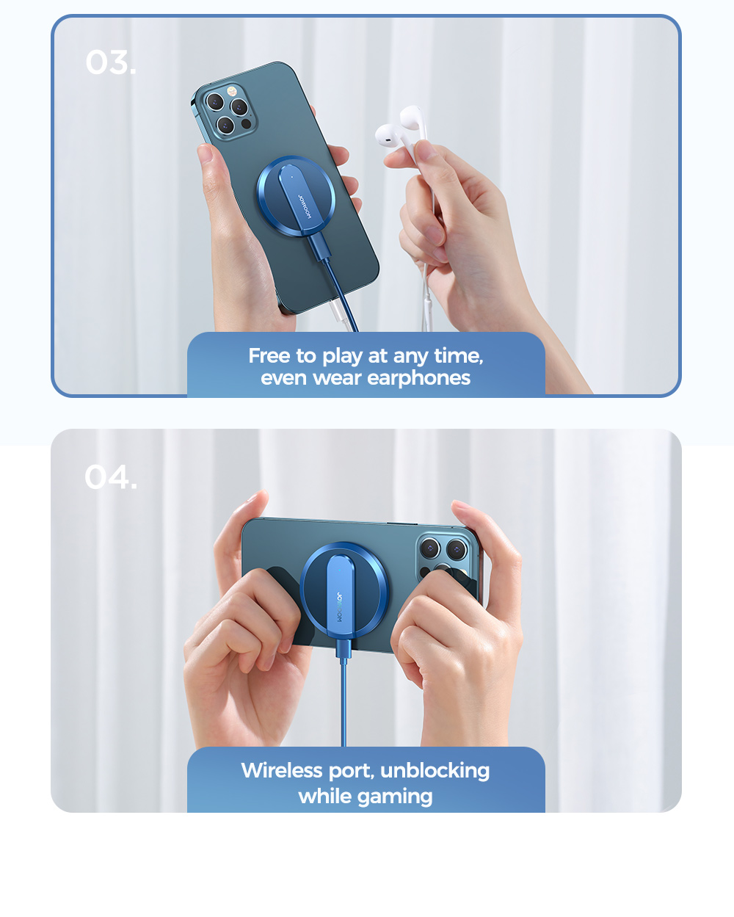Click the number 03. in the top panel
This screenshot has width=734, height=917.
point(111,62)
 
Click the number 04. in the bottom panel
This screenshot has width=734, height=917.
point(111,476)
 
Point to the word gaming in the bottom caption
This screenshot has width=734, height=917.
point(395,797)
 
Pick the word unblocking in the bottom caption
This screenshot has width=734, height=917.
point(435,771)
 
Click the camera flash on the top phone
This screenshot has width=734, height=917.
point(231,91)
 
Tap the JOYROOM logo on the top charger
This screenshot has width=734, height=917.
point(305,206)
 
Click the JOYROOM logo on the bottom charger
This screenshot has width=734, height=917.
point(341,606)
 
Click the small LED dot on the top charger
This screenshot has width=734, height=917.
point(292,177)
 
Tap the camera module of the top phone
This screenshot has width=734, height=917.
point(228,109)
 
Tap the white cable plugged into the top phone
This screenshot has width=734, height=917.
point(342,316)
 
